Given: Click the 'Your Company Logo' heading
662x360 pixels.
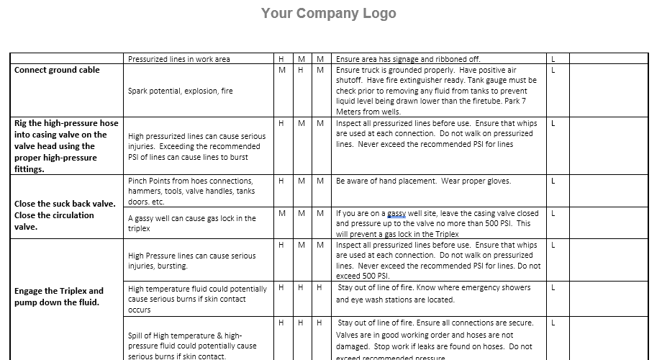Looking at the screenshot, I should pos(328,13).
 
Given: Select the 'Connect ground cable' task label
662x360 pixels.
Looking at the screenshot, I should pos(57,70).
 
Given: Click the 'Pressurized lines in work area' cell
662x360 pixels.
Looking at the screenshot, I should pos(179,59).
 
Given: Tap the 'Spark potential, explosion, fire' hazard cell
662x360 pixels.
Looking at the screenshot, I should pos(181,91).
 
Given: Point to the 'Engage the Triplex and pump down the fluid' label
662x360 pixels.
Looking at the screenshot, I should pos(59,297).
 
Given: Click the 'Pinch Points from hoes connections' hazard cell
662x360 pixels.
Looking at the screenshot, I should pos(191,191).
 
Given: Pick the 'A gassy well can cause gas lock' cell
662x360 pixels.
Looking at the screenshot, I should pos(191,223).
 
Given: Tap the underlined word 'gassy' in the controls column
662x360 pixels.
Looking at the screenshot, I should pos(396,214).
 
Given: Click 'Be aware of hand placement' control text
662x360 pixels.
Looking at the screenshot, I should pos(423,181).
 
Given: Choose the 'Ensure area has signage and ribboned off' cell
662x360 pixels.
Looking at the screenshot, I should pos(408,59).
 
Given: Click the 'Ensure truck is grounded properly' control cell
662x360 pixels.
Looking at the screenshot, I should pos(436,91).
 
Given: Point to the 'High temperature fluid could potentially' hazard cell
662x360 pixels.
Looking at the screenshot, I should pos(197,299).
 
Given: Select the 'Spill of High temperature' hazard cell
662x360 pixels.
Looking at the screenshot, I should pos(192,346).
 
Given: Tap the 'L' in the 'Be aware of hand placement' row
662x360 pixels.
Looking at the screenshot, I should pos(553,181).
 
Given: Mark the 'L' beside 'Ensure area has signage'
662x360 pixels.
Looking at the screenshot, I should pos(553,59).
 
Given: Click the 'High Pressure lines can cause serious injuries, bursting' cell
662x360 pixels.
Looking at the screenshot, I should pos(191,261).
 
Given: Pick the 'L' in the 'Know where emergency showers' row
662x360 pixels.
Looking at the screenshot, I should pos(553,287).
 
